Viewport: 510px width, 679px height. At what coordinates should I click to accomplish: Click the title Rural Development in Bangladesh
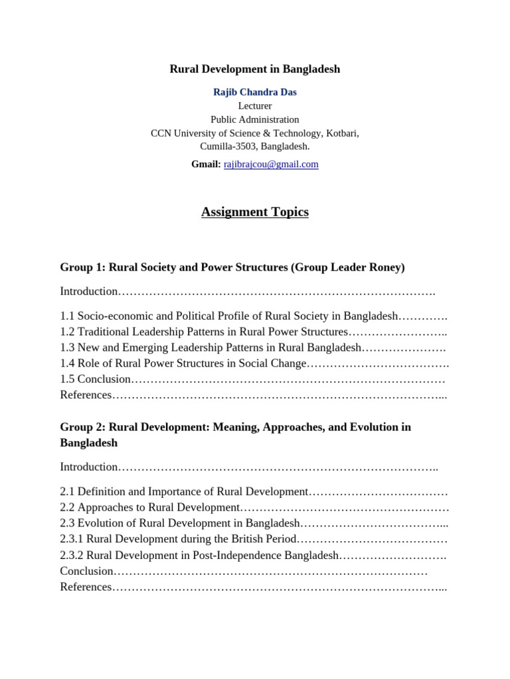(x=255, y=69)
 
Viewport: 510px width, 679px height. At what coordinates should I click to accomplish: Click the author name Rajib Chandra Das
(x=255, y=92)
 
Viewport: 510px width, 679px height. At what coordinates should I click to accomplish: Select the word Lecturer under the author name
(x=255, y=106)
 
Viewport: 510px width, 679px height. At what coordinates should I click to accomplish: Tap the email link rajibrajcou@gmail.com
(x=271, y=164)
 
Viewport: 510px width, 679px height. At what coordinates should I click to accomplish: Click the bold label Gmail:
(x=206, y=164)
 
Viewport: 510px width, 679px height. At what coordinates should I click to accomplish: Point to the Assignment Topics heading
(x=255, y=212)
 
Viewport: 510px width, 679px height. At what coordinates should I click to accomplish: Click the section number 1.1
(x=67, y=316)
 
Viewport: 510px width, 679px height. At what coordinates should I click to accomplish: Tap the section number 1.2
(x=67, y=332)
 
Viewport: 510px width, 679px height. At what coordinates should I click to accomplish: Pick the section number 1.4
(x=67, y=363)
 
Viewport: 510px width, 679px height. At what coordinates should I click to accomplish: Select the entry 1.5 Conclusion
(x=96, y=379)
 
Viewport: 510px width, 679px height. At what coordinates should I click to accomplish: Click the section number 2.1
(x=67, y=491)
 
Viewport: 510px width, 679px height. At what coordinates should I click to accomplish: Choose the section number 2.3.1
(x=72, y=539)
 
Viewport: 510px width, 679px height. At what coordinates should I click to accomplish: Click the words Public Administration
(x=255, y=119)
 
